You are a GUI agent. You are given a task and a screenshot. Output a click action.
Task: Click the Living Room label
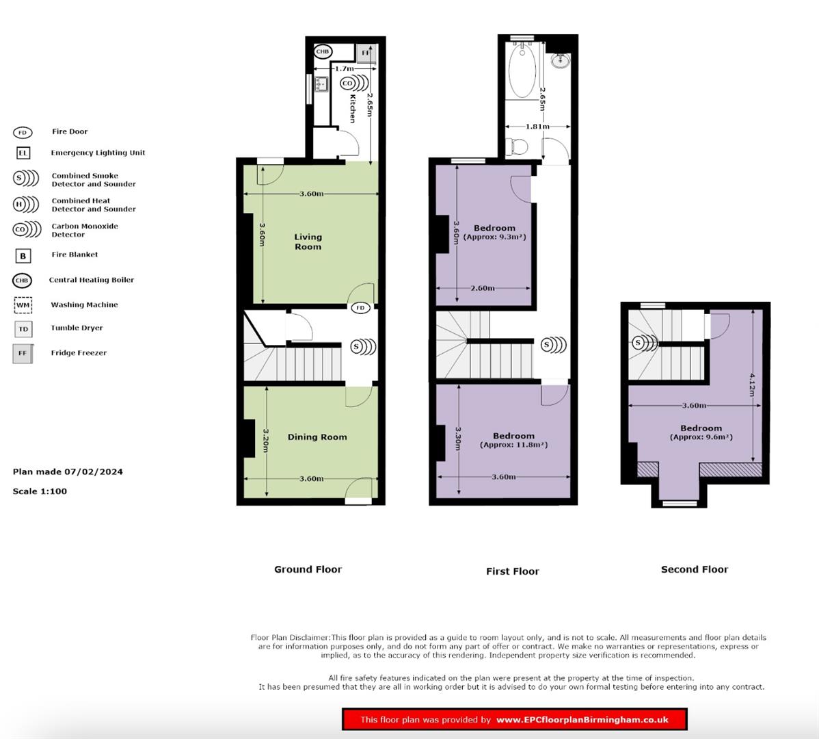(x=308, y=242)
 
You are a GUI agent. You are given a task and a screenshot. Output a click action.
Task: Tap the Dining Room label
(x=317, y=437)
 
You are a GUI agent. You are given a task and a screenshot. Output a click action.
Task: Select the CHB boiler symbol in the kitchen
(x=323, y=52)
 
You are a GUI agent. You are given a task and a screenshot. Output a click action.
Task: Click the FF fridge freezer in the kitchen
(x=366, y=53)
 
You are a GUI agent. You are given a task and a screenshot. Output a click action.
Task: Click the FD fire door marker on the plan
(x=360, y=308)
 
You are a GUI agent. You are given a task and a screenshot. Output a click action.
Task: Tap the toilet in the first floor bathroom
(x=515, y=146)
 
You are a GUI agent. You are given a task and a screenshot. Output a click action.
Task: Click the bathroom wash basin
(x=561, y=61)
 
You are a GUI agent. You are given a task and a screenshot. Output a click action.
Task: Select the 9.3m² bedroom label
(x=494, y=233)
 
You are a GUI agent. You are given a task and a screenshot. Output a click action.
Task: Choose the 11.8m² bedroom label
(x=513, y=440)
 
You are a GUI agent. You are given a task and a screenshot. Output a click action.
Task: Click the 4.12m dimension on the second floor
(x=752, y=385)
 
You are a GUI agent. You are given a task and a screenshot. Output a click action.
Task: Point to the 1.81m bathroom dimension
(x=537, y=127)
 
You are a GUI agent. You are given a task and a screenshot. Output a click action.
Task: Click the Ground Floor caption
(x=308, y=569)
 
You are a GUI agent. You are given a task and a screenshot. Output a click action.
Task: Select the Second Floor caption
(x=694, y=569)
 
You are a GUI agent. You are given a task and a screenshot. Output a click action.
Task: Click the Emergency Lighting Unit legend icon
(x=23, y=153)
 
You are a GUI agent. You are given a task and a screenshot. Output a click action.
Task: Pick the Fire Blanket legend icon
(x=23, y=256)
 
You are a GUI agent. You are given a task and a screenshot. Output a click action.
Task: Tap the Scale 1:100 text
(x=40, y=491)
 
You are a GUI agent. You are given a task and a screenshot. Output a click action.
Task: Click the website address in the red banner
(x=582, y=719)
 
